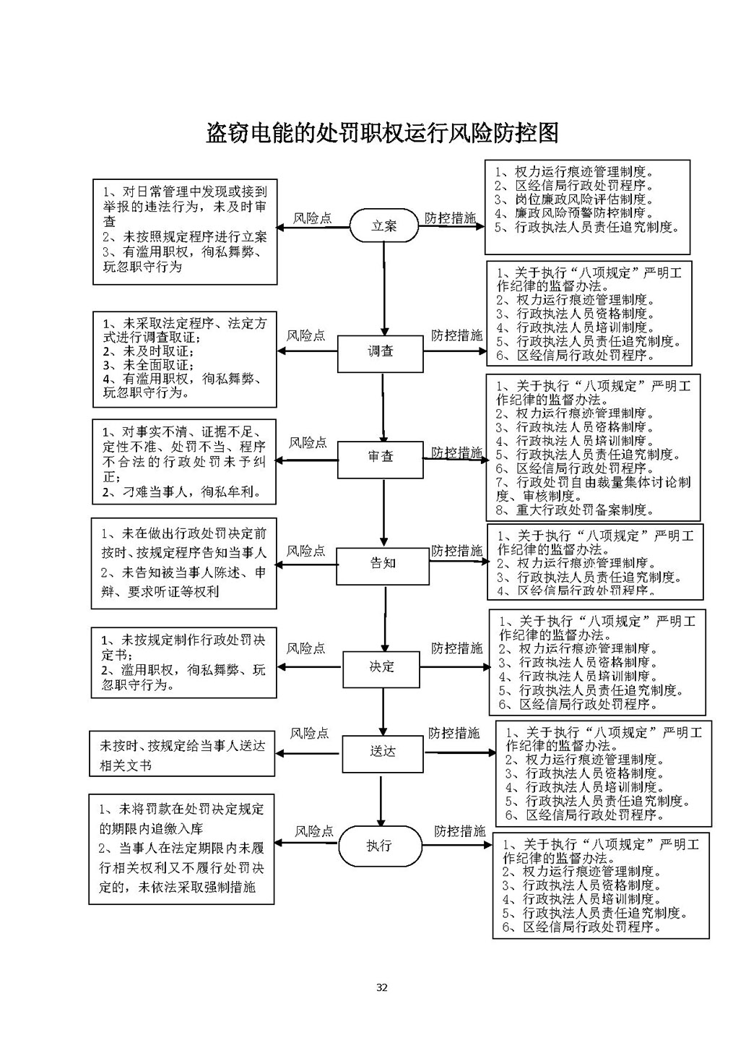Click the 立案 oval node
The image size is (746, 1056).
pos(383,226)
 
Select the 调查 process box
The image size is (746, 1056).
pos(381,352)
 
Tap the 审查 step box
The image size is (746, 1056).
pos(381,458)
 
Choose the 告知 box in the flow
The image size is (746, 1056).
pos(383,563)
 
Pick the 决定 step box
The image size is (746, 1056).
pos(381,667)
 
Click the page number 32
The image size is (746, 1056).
pos(382,988)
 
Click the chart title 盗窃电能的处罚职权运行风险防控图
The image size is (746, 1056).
pos(382,133)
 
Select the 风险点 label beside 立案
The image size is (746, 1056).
pos(313,218)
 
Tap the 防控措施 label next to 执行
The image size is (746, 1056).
pos(460,832)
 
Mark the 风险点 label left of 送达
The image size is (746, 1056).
pos(309,734)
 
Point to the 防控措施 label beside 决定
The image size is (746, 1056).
pos(457,648)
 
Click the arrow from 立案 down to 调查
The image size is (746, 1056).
pos(383,289)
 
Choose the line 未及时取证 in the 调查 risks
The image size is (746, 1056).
pos(148,351)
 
